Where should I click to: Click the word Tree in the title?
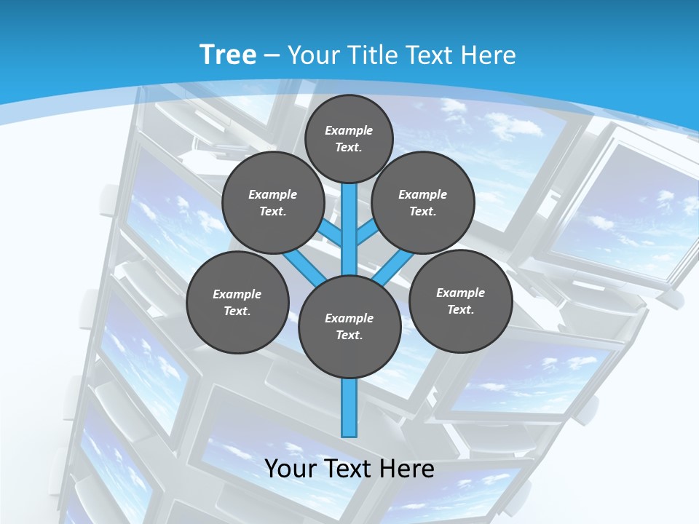(228, 55)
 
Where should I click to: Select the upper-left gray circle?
(272, 203)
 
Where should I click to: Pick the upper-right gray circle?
(422, 203)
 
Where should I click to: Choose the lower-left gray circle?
(237, 302)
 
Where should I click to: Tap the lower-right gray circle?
(460, 301)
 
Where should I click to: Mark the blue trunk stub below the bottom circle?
(349, 408)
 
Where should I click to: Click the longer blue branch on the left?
(304, 266)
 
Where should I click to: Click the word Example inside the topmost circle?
(349, 131)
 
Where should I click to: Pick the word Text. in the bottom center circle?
(349, 336)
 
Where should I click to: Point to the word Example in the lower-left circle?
(237, 295)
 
